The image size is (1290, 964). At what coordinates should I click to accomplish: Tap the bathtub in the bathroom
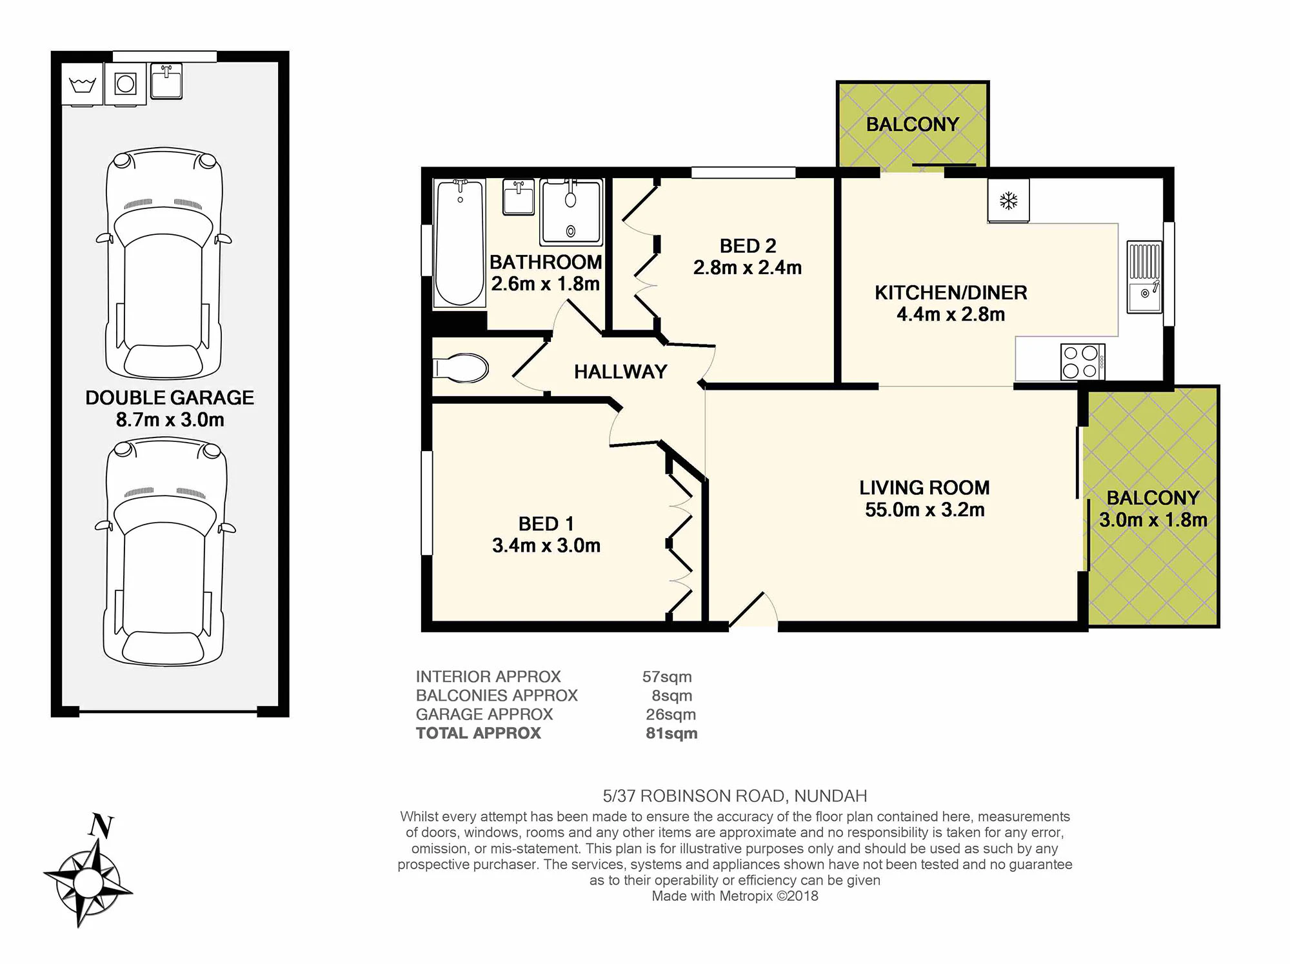coord(459,243)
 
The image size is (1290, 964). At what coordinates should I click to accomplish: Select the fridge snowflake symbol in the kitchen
coord(1008,201)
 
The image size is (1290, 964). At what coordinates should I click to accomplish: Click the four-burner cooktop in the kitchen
coord(1082,362)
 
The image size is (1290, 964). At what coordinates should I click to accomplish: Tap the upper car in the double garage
coord(164,263)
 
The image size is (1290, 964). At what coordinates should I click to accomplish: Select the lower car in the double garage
coord(165,552)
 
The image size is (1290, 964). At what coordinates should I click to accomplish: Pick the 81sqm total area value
coord(671,733)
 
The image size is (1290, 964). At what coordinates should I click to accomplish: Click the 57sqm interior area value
coord(667,677)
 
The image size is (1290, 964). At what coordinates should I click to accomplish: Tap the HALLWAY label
coord(620,372)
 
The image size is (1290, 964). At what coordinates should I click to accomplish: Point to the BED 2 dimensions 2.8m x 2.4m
coord(748,268)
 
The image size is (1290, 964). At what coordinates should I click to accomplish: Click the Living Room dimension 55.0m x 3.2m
coord(925,510)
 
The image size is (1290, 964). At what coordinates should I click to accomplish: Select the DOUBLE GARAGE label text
coord(170,397)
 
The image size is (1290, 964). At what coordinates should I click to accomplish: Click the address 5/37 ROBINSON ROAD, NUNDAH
coord(735,796)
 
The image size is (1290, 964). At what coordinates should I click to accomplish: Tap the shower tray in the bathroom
coord(571,212)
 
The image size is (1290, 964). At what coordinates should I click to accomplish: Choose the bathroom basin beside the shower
coord(519,197)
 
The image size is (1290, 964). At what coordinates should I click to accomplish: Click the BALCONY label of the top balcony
coord(913,124)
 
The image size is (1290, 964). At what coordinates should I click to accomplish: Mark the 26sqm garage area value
coord(671,714)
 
